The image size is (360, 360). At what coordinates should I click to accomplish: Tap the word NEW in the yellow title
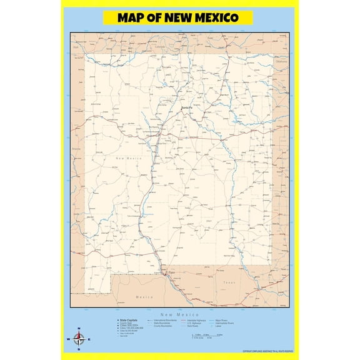[178, 17]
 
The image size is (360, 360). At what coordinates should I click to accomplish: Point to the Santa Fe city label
[187, 109]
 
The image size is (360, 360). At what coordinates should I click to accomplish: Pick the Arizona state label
[76, 150]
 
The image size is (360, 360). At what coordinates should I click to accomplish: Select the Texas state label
[229, 282]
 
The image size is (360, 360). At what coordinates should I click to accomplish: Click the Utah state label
[76, 46]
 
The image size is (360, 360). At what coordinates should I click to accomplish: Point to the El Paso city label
[171, 272]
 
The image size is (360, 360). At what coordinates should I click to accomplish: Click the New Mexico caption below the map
[180, 314]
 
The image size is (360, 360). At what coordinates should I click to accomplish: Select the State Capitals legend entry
[129, 320]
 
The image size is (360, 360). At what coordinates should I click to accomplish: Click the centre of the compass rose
[79, 339]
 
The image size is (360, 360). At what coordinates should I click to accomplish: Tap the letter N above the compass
[79, 329]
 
